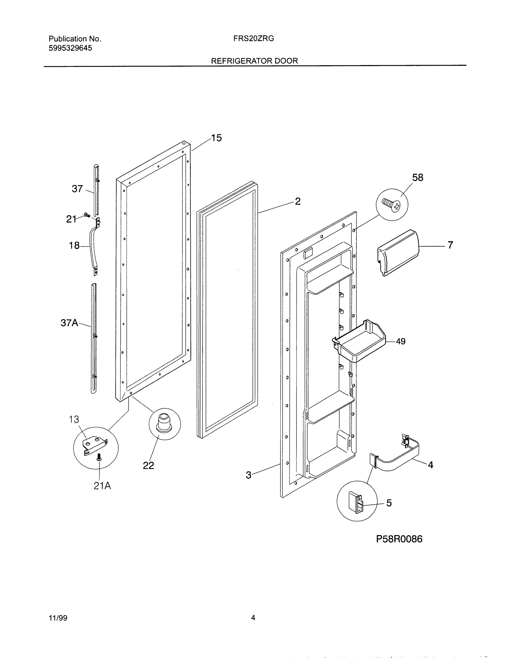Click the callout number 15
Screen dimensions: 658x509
(216, 138)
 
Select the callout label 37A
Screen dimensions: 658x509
(69, 323)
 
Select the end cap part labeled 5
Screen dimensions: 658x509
(356, 502)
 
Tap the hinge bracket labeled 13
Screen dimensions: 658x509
(94, 446)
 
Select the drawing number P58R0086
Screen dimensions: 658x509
(399, 539)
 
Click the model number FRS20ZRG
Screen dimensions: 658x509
(253, 39)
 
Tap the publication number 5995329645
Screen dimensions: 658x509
(70, 48)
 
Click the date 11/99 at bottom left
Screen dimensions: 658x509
(58, 618)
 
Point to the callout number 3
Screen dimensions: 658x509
(248, 475)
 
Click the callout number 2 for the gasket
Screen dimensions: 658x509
(297, 201)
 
